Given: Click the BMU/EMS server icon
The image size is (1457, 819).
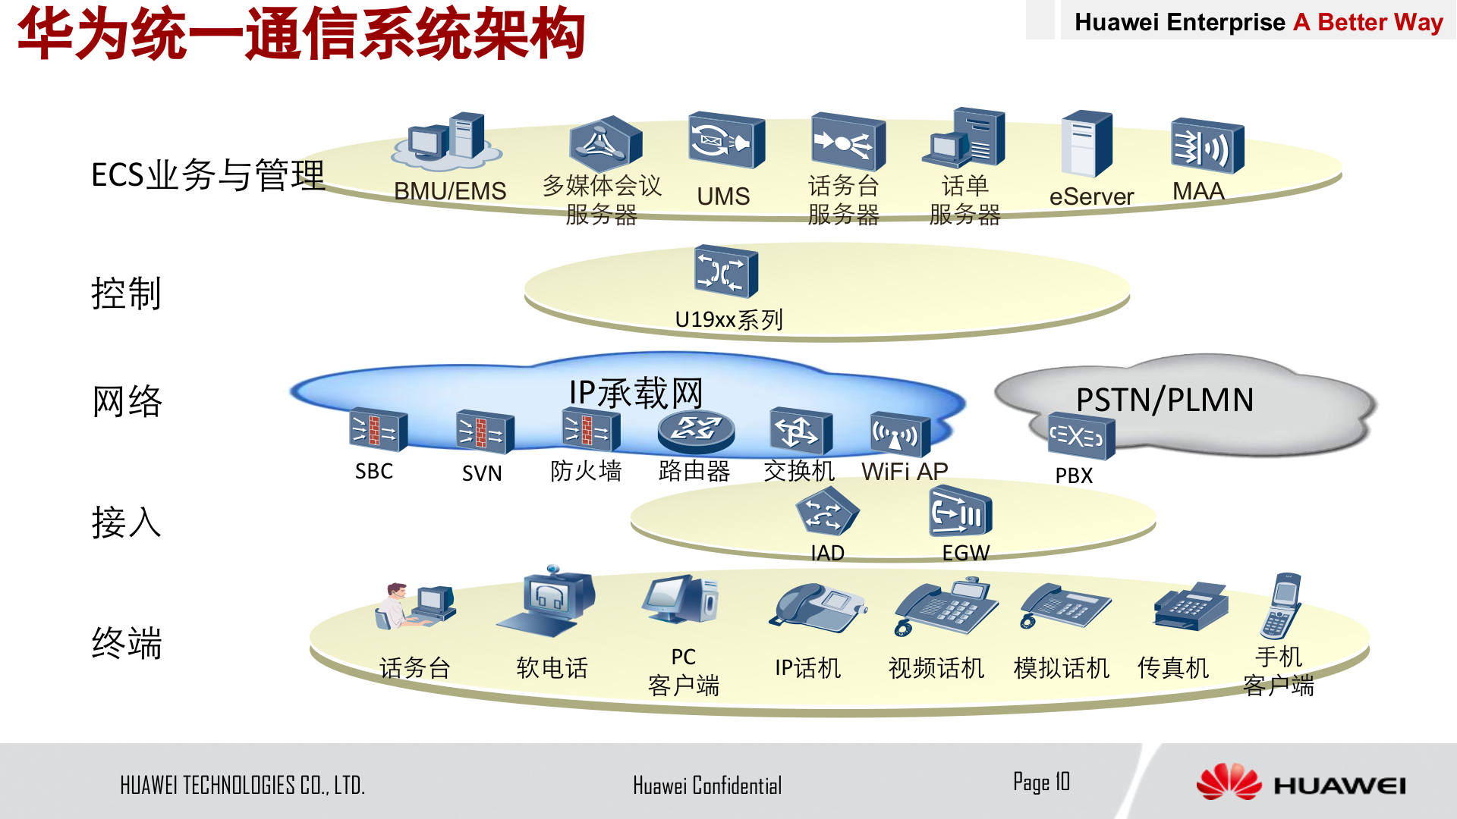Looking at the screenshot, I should point(448,143).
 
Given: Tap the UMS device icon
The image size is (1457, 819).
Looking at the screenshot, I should point(726,141).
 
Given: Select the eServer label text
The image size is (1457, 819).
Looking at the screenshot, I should point(1091,197).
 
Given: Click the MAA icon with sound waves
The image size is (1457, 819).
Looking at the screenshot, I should point(1207,146).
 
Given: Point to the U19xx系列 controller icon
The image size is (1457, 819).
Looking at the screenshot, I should point(726,271).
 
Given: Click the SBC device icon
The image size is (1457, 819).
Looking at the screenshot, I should point(377,430).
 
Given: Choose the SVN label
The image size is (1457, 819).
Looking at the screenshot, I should point(482,473).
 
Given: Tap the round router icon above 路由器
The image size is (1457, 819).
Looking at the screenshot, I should point(695,430).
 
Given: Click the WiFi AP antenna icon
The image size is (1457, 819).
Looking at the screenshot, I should point(899,435).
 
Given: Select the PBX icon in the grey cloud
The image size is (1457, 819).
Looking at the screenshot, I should point(1081,436).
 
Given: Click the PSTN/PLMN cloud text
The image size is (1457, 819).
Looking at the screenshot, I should point(1165,400).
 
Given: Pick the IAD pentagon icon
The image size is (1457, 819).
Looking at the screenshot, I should point(826,513).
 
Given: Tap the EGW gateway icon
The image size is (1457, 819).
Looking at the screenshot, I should point(960,513).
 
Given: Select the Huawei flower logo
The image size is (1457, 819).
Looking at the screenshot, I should point(1228,782).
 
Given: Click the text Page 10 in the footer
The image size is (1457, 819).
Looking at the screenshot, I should point(1041,782).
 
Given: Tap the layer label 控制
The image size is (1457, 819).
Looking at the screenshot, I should point(126,293).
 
